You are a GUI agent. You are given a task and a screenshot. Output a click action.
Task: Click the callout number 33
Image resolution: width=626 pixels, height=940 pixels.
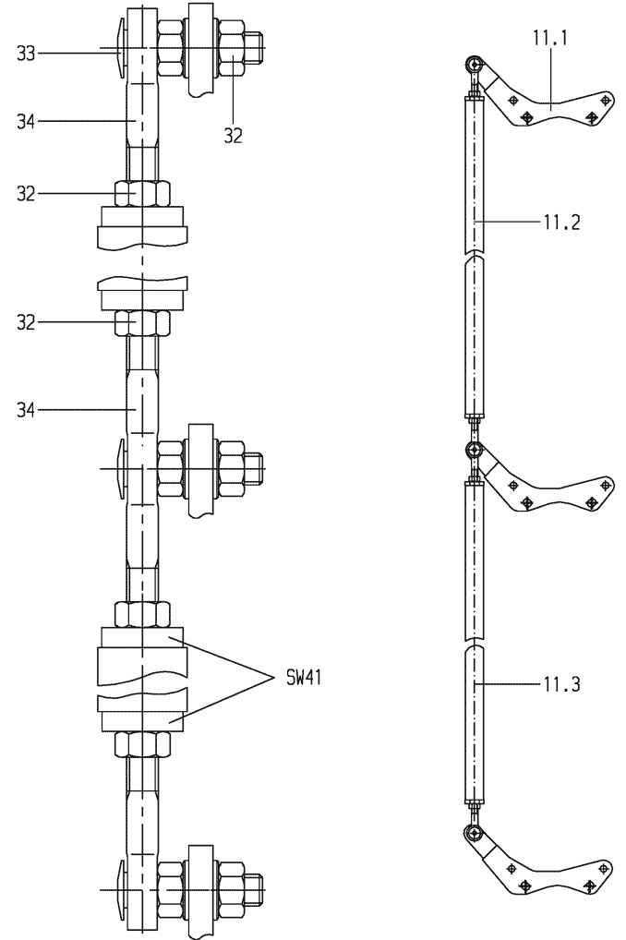(26, 54)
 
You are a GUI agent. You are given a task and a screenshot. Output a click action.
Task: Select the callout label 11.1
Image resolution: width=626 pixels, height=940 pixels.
(550, 38)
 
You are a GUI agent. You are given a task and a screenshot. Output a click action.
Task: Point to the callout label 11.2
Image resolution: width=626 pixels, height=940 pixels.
(562, 223)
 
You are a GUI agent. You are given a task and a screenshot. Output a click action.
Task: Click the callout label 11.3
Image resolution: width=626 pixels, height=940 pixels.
(562, 683)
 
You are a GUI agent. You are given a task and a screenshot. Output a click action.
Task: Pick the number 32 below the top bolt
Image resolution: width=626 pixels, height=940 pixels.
(234, 136)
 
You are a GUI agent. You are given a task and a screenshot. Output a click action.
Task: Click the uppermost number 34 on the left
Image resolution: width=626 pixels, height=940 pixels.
(26, 122)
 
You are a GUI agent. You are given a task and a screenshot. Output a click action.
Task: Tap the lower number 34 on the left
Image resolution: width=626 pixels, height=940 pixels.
(26, 411)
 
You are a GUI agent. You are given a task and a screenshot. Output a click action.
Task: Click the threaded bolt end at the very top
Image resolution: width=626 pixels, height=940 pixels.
(254, 47)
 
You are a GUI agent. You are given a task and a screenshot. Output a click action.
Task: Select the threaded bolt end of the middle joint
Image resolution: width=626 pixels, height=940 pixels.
(254, 468)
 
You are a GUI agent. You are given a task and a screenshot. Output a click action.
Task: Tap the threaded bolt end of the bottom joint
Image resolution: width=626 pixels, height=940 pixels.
(254, 889)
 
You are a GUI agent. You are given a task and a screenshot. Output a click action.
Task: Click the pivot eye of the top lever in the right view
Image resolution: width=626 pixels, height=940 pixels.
(475, 63)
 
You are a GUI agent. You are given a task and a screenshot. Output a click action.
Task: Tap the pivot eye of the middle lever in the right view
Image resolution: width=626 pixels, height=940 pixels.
(475, 449)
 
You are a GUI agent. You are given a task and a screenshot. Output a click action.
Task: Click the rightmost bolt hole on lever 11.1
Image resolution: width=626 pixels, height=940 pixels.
(605, 100)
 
